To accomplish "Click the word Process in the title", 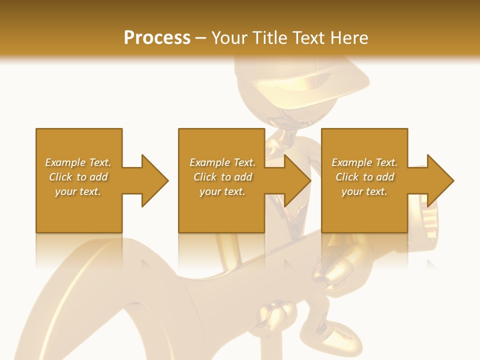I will (x=157, y=37).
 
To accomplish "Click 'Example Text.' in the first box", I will (x=78, y=162).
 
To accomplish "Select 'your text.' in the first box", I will (x=78, y=191).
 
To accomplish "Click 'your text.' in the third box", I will (x=364, y=191).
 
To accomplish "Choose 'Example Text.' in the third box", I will (x=364, y=162).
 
